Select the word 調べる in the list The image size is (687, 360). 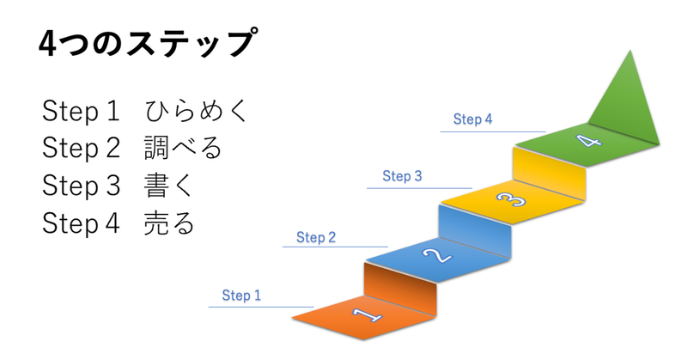pyautogui.click(x=183, y=149)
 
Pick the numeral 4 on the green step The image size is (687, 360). pyautogui.click(x=587, y=140)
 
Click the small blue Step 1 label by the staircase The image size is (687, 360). pyautogui.click(x=241, y=296)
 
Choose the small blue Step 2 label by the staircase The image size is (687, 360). pyautogui.click(x=315, y=237)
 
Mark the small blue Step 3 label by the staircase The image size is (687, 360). pyautogui.click(x=402, y=177)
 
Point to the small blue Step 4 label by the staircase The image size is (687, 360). pyautogui.click(x=472, y=119)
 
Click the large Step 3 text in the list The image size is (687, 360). pyautogui.click(x=81, y=186)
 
